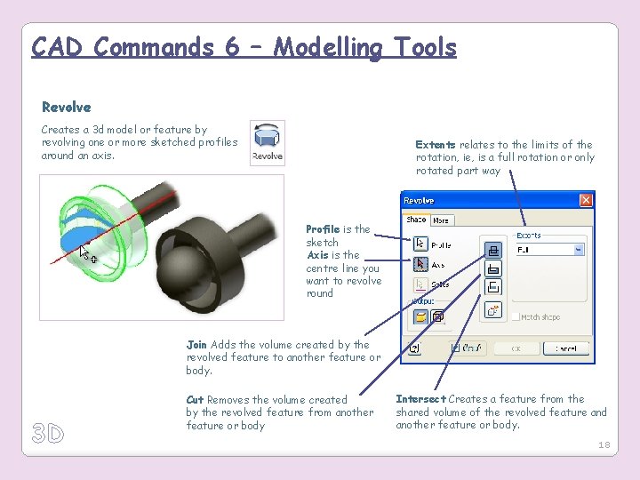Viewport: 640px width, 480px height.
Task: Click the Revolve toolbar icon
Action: (267, 142)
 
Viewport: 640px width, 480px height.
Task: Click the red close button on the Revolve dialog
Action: (585, 201)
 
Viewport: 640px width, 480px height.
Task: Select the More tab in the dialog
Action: (441, 220)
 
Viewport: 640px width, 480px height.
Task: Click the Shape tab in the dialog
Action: (416, 220)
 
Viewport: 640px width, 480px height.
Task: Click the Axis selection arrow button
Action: (420, 264)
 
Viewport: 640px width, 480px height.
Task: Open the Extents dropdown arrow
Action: (579, 251)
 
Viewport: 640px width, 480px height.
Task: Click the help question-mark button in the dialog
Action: (414, 348)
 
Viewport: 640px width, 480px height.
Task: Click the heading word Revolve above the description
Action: (66, 108)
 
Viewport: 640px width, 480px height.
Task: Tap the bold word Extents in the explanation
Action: (436, 145)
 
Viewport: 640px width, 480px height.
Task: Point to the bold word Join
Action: (196, 345)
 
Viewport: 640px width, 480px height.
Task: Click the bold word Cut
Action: (195, 400)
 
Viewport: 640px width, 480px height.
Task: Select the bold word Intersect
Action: (420, 399)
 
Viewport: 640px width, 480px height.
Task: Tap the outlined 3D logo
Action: (48, 434)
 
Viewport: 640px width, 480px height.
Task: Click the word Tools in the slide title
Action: (419, 46)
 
